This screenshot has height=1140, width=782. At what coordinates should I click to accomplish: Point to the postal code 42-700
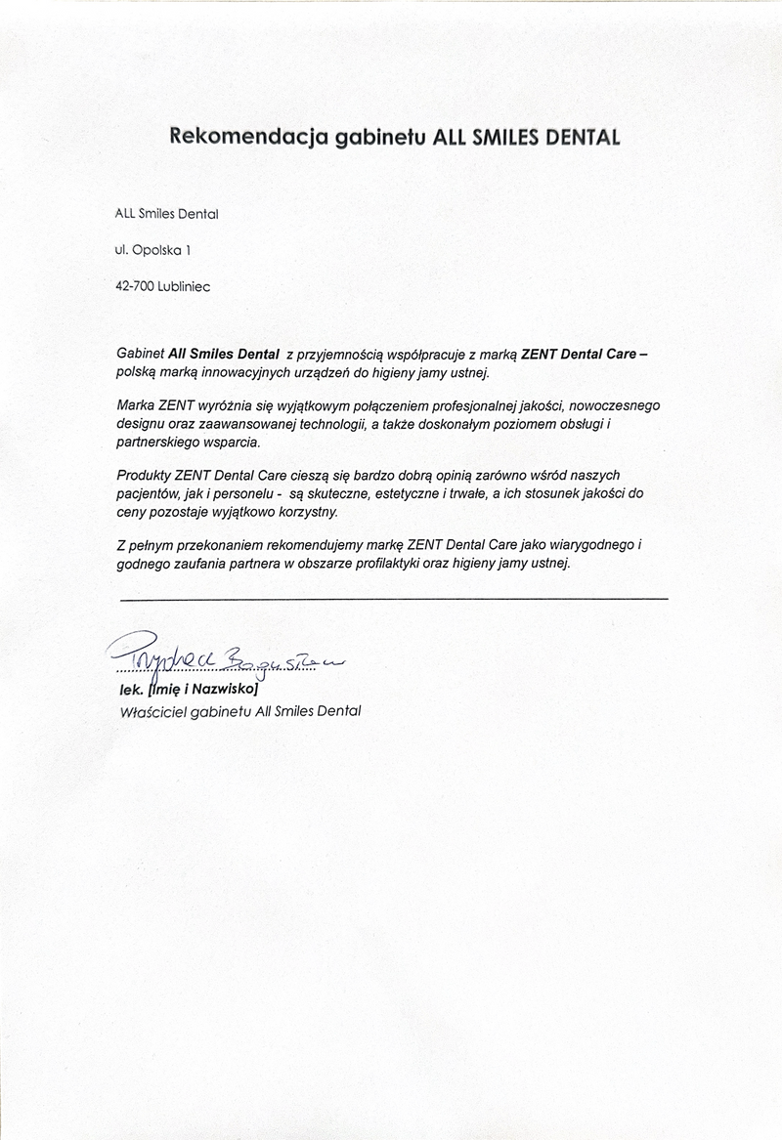tap(135, 286)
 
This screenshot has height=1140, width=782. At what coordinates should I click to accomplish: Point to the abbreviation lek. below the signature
tap(129, 690)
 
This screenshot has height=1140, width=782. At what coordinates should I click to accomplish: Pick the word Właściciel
tap(149, 710)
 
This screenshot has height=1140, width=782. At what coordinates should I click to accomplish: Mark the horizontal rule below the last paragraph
tap(393, 597)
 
